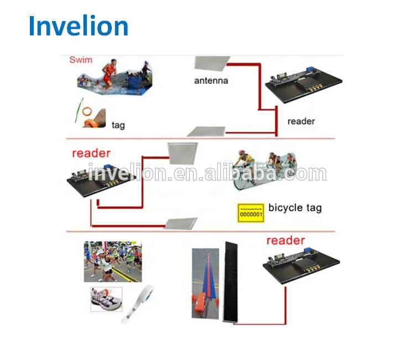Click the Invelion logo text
tap(79, 26)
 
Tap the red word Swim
tap(80, 59)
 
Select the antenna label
tap(211, 81)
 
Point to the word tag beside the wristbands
tap(118, 125)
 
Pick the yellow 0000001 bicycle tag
tap(250, 212)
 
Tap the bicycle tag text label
tap(294, 208)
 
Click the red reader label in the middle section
tap(91, 153)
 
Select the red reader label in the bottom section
tap(286, 240)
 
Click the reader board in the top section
tap(303, 84)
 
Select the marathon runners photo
tap(113, 261)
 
